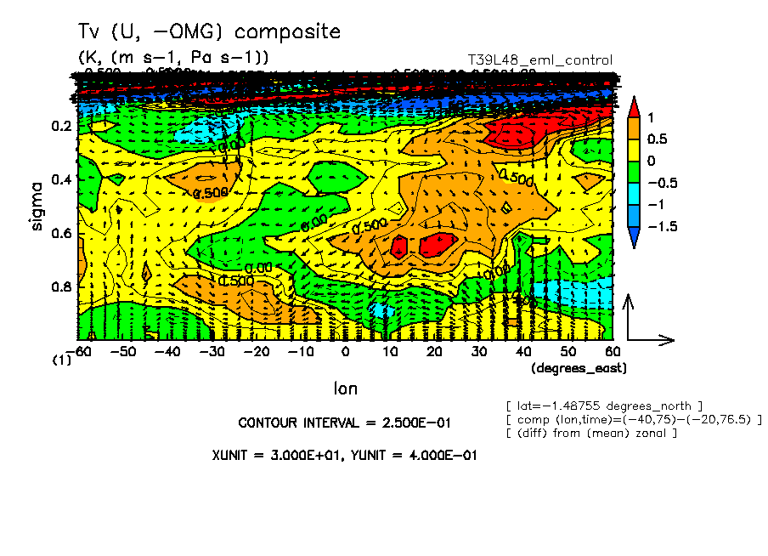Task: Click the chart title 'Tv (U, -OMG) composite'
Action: pos(209,32)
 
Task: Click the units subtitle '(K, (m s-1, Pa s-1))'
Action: pos(174,58)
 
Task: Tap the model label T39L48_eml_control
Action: pos(540,60)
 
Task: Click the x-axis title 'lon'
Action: pos(345,389)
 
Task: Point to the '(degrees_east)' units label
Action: pos(579,368)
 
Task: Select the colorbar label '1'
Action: pos(650,116)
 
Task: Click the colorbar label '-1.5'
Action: pos(658,227)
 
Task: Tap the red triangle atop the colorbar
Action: pos(634,107)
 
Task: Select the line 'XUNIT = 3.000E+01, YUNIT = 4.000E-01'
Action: pos(344,455)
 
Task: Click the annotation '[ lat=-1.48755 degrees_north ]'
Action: pos(603,405)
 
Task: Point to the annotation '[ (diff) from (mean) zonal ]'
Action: pos(591,434)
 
